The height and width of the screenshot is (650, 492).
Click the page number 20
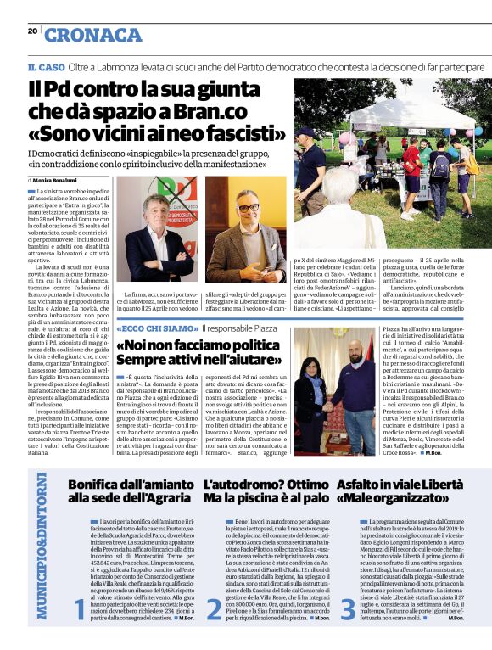[x=33, y=31]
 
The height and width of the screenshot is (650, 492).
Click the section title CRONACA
[x=93, y=35]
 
